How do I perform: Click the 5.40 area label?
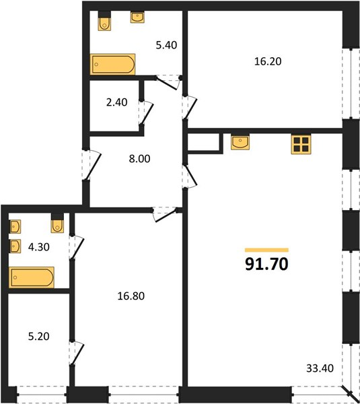167,45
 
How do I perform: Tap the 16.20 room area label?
268,61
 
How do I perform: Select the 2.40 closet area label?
116,102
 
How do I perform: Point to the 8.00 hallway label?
139,159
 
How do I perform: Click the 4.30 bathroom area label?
39,247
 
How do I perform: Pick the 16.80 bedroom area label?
131,296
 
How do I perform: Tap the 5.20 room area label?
39,336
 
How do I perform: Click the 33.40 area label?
320,368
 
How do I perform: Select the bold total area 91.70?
266,264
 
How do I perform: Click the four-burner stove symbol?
301,144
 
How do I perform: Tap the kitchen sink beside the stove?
240,143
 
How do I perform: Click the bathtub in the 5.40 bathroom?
113,64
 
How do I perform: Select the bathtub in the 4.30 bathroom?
32,277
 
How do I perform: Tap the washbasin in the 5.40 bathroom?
137,18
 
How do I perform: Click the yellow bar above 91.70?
266,250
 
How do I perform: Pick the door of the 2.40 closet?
147,114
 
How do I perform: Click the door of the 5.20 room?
77,353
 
